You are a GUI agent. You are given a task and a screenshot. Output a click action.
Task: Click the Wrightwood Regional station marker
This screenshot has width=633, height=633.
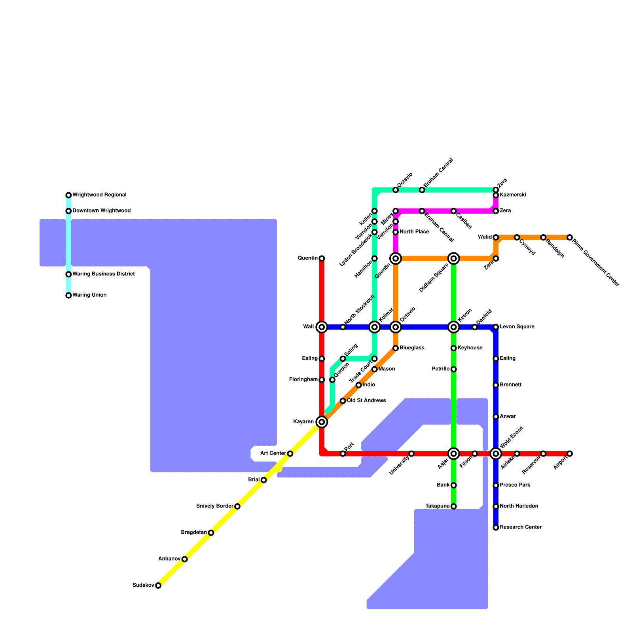[68, 195]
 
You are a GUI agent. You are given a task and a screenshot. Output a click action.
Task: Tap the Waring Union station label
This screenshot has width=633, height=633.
[89, 295]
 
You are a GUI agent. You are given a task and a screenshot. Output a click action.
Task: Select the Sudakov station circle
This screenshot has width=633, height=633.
[158, 586]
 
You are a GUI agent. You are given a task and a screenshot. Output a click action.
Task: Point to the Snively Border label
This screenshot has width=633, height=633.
[214, 506]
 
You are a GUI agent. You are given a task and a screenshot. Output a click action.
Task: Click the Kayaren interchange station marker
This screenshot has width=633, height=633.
[322, 422]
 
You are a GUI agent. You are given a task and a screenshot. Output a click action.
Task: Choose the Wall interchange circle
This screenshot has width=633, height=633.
[322, 327]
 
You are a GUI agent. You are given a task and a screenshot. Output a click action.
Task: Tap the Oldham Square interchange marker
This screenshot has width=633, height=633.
[454, 259]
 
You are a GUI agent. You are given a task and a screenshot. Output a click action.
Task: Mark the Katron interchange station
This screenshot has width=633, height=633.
[454, 327]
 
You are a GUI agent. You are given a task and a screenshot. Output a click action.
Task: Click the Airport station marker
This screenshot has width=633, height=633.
[570, 454]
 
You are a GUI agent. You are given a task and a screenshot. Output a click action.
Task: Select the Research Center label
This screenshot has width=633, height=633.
[521, 527]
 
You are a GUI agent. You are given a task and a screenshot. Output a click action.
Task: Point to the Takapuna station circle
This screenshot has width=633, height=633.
[454, 506]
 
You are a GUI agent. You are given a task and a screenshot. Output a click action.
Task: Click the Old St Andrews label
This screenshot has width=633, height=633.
[366, 401]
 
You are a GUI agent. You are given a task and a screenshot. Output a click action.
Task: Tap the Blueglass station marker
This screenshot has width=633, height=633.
[396, 348]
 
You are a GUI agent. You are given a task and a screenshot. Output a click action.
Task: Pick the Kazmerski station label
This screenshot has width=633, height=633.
[513, 195]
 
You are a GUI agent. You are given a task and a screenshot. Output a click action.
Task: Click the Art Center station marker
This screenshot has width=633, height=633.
[290, 454]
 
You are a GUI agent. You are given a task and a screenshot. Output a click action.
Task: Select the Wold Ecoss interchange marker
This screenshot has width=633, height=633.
[496, 454]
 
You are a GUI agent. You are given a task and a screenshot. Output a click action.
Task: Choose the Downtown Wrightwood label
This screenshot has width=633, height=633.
[101, 211]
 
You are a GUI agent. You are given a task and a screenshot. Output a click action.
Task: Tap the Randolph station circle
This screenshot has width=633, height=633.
[543, 237]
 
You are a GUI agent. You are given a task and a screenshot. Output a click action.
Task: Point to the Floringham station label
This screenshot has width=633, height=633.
[303, 380]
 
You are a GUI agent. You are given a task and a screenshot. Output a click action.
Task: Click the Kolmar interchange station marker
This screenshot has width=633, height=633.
[375, 327]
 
